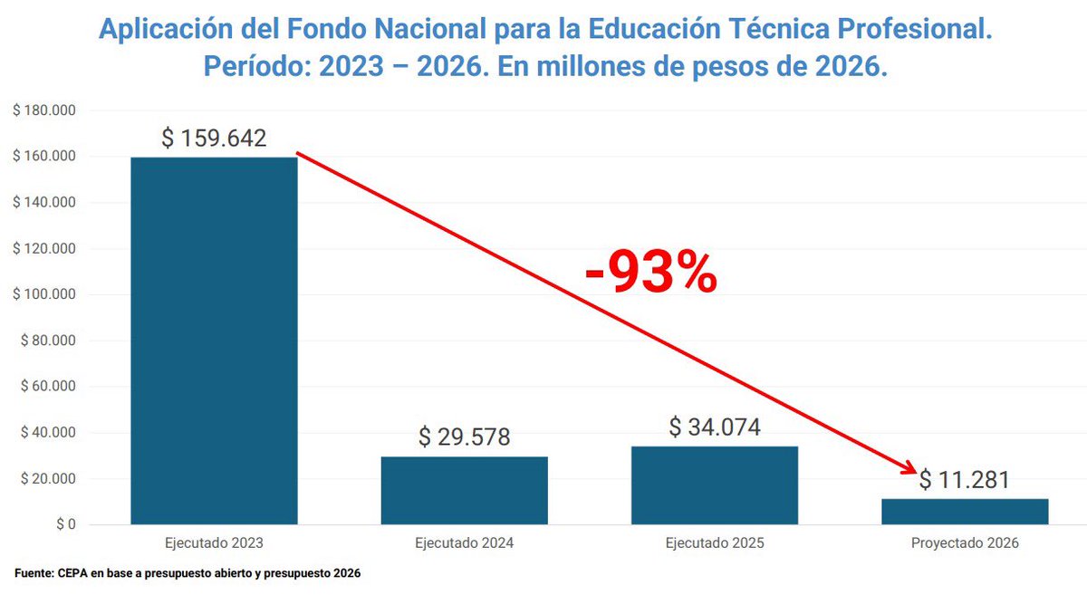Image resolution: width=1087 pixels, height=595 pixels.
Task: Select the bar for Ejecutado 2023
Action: (214, 341)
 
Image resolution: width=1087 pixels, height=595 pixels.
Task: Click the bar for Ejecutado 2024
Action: (464, 490)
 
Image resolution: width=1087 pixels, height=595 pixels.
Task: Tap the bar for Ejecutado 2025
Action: (715, 485)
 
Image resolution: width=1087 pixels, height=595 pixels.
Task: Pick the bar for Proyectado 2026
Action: (965, 511)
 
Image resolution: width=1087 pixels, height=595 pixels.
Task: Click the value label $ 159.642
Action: (214, 139)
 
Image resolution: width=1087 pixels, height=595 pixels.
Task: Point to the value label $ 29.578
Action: (464, 437)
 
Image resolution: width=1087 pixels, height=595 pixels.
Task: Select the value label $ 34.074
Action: (715, 427)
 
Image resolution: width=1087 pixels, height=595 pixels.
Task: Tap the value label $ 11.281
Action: (965, 480)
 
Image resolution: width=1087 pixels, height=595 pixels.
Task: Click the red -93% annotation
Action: (650, 274)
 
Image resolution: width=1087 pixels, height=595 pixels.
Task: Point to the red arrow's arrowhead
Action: (909, 468)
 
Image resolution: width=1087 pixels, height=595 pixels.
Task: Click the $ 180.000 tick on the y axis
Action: (43, 110)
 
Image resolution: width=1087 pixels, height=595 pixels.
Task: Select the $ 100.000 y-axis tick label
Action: (43, 294)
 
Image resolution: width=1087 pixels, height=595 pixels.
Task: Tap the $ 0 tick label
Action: (64, 524)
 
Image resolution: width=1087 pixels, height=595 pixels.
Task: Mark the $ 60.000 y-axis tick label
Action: (46, 387)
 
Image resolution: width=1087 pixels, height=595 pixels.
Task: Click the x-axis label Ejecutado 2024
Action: (464, 544)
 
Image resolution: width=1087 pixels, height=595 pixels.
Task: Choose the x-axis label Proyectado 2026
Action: (965, 544)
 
